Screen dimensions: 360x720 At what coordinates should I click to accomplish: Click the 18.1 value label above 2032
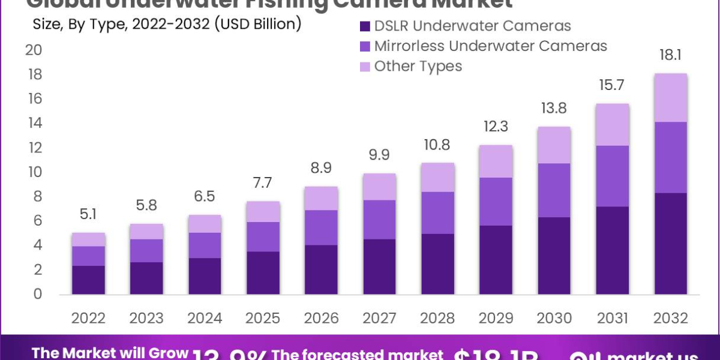click(x=670, y=55)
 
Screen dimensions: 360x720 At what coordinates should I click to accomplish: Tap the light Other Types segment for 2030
click(x=553, y=145)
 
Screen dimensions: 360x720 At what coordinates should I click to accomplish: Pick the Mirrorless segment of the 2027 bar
click(x=379, y=220)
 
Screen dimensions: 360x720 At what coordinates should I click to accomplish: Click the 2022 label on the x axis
click(x=88, y=318)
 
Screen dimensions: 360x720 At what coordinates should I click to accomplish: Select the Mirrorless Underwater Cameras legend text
click(x=490, y=46)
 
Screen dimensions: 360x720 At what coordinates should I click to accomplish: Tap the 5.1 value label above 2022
click(x=88, y=214)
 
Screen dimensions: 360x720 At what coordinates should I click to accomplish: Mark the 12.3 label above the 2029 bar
click(x=495, y=127)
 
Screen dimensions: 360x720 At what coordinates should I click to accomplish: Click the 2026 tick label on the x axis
click(x=320, y=318)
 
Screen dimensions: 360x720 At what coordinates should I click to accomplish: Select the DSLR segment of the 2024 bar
click(x=204, y=276)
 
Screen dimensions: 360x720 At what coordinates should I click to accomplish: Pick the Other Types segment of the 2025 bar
click(x=262, y=211)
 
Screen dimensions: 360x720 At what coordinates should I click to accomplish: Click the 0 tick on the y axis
click(x=37, y=294)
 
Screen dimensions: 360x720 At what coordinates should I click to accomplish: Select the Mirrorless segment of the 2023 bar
click(x=146, y=251)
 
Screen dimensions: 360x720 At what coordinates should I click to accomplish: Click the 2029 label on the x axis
click(x=495, y=318)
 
